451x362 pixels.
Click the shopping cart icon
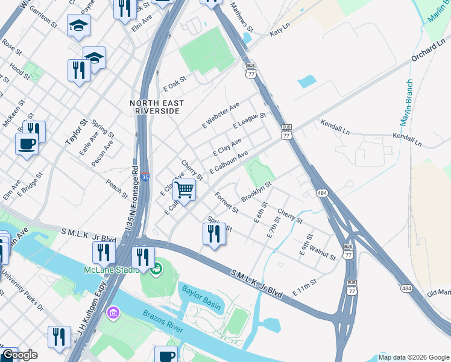point(184,189)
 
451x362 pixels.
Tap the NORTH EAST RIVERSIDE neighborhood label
point(155,107)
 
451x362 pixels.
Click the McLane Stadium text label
point(109,269)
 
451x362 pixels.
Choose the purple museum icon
point(112,313)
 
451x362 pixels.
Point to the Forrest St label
point(227,202)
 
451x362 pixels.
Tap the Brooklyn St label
point(257,192)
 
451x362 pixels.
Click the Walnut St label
point(322,251)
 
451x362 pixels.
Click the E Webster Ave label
point(221,115)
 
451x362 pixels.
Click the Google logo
point(19,355)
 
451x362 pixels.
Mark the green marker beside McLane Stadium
point(156,267)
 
